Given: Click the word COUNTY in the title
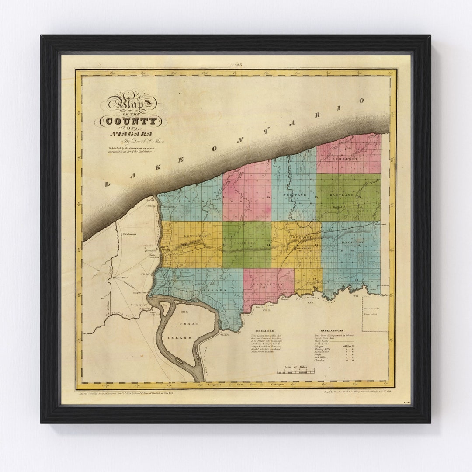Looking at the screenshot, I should click(131, 121).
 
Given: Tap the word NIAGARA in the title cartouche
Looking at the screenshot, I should click(131, 134).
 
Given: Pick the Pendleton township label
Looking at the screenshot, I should click(268, 284).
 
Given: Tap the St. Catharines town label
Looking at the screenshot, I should click(129, 234).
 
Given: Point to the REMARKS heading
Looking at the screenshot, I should click(264, 331).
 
